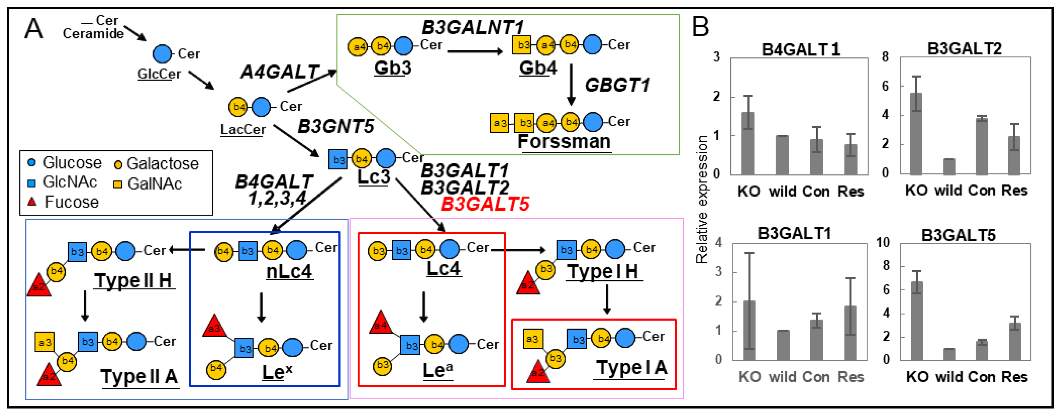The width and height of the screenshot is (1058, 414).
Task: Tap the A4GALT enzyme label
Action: [280, 72]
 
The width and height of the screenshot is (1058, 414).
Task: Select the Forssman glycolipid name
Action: [564, 142]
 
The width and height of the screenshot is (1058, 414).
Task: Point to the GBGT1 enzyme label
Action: [617, 85]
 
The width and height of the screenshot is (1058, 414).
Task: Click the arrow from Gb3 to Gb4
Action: [475, 51]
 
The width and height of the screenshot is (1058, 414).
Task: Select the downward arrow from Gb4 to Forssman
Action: [570, 84]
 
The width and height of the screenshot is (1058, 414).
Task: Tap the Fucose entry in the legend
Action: [71, 202]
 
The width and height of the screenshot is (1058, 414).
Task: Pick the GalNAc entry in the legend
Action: [154, 184]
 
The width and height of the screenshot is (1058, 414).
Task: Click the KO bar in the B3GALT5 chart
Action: [917, 320]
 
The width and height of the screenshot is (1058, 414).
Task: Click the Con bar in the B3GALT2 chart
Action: [981, 146]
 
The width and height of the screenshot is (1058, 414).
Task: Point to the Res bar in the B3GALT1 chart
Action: [850, 332]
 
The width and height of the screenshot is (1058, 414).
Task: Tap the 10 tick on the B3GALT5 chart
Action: [883, 242]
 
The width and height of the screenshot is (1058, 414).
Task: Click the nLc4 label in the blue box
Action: [289, 272]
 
